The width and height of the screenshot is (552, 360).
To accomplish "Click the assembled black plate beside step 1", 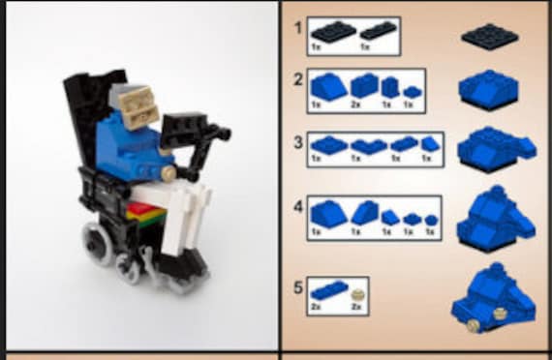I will (490, 37).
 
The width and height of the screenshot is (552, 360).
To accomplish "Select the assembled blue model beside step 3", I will (491, 149).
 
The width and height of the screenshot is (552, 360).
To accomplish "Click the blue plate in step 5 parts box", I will (321, 292).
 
